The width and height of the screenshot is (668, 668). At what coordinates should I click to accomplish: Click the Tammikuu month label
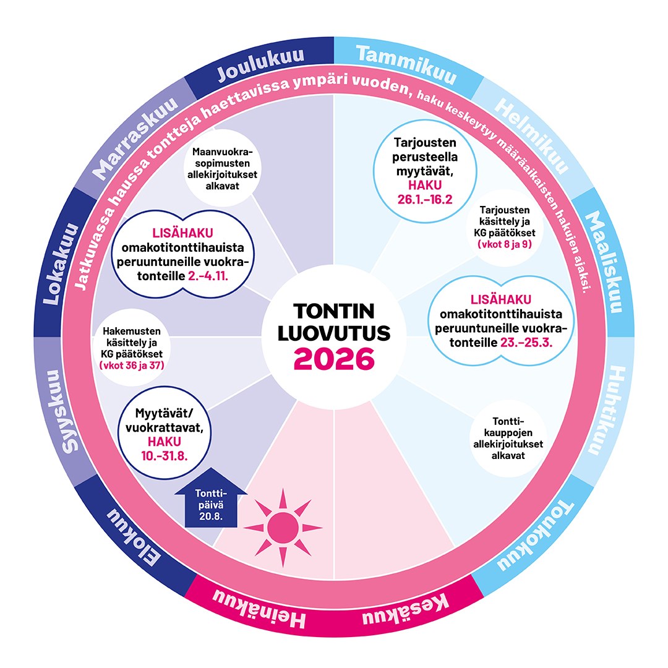[x=406, y=65]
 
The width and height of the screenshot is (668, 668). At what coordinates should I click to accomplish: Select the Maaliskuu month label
[x=602, y=262]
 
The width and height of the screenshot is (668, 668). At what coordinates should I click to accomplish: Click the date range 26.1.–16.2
[x=426, y=200]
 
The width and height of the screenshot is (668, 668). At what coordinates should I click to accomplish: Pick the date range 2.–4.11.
[x=208, y=275]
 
